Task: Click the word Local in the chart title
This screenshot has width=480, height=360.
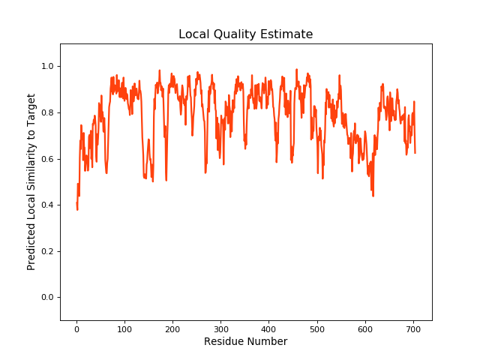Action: pyautogui.click(x=193, y=34)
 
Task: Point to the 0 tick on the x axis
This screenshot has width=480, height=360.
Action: pyautogui.click(x=76, y=329)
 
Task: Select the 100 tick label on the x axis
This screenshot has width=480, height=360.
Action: pyautogui.click(x=124, y=329)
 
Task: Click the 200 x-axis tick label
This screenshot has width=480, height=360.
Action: pyautogui.click(x=172, y=329)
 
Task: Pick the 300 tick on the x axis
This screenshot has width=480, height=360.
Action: pyautogui.click(x=220, y=329)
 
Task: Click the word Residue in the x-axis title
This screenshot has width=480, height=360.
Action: pyautogui.click(x=223, y=342)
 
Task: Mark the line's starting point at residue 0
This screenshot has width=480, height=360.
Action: pyautogui.click(x=76, y=204)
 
